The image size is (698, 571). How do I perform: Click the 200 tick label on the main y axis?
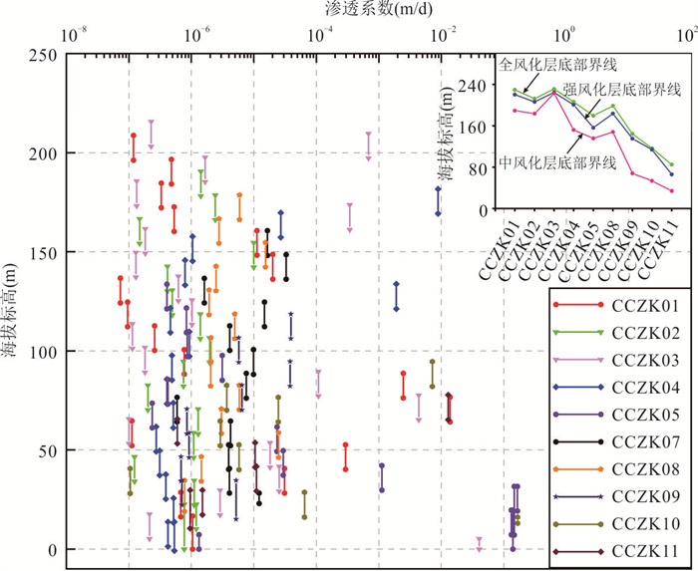[45, 153]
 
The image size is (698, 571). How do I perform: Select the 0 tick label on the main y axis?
[55, 550]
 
